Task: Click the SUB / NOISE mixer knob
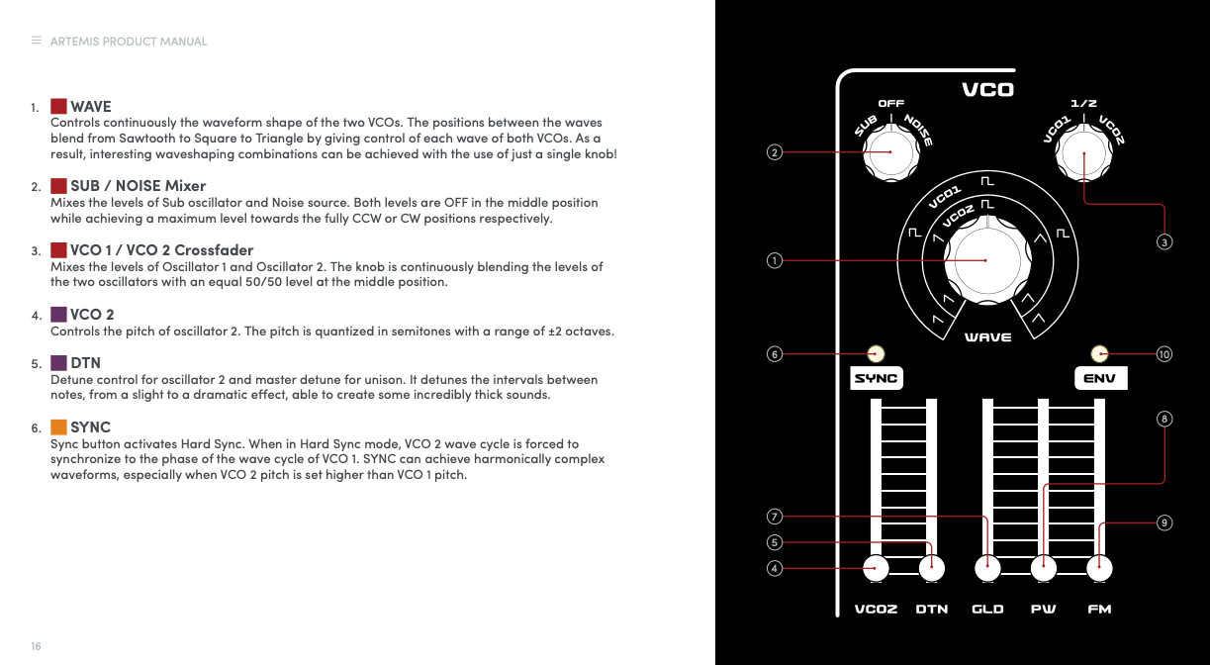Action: point(890,152)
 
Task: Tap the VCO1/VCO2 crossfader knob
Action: point(1083,153)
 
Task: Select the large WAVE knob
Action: point(985,260)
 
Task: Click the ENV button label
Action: point(1100,378)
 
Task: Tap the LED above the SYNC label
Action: point(876,353)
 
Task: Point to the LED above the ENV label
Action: point(1098,353)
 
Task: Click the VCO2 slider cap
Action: point(875,568)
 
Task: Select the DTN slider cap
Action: point(931,568)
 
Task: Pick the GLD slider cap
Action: point(987,568)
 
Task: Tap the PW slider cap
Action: point(1043,568)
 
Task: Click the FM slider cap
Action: point(1099,568)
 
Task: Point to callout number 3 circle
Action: point(1164,241)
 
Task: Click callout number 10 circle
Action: point(1164,353)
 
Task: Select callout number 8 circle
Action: point(1164,420)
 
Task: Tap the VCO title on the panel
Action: point(987,90)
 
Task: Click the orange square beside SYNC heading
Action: point(58,427)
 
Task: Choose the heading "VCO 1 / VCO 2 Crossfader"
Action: point(161,249)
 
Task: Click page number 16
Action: point(36,646)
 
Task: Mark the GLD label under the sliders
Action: point(987,609)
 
